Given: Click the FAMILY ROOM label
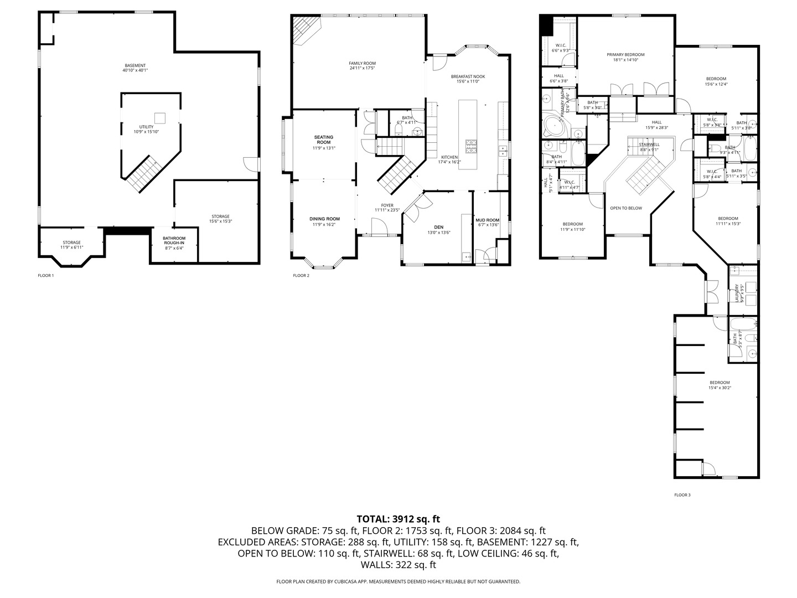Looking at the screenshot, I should (362, 64).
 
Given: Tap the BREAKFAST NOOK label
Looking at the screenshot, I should (468, 76).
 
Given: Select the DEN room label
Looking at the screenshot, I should (438, 227).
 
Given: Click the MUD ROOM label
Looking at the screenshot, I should (487, 220).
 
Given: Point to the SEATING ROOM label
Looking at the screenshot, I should (324, 140).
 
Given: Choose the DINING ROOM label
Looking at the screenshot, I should (324, 219).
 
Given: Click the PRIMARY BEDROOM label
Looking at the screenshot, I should (625, 55).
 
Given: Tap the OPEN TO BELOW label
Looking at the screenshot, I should (625, 208).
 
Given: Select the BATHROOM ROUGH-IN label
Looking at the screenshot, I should (174, 240).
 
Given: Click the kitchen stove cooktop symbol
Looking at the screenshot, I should (471, 146).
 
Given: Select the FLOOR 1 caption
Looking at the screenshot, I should (45, 275).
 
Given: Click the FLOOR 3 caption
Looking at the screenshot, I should (682, 495).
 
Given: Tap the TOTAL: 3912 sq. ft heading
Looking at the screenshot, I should (398, 519).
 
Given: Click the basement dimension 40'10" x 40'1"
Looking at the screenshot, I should (135, 70).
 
